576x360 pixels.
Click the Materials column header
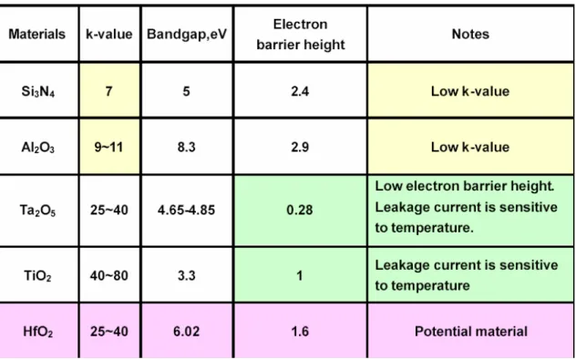pyautogui.click(x=36, y=34)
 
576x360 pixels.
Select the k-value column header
pyautogui.click(x=109, y=34)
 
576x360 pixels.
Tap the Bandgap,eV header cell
pyautogui.click(x=187, y=34)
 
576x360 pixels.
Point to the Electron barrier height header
pyautogui.click(x=301, y=34)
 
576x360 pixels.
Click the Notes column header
pyautogui.click(x=470, y=34)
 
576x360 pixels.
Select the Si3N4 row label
pyautogui.click(x=38, y=91)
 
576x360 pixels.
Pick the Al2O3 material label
pyautogui.click(x=38, y=148)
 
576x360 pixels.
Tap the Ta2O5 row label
pyautogui.click(x=38, y=211)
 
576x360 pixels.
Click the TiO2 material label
pyautogui.click(x=38, y=275)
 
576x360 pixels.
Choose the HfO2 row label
pyautogui.click(x=38, y=332)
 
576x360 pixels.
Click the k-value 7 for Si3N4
pyautogui.click(x=108, y=91)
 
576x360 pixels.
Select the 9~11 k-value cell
pyautogui.click(x=108, y=148)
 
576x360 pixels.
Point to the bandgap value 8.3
pyautogui.click(x=186, y=148)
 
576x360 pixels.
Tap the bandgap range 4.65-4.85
pyautogui.click(x=186, y=211)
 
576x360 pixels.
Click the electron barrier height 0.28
pyautogui.click(x=300, y=210)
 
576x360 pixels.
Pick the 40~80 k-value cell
pyautogui.click(x=108, y=275)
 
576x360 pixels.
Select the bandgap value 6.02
pyautogui.click(x=186, y=332)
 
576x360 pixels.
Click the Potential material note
pyautogui.click(x=471, y=332)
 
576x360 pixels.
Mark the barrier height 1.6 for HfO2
pyautogui.click(x=300, y=332)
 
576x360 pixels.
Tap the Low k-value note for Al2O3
pyautogui.click(x=470, y=148)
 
